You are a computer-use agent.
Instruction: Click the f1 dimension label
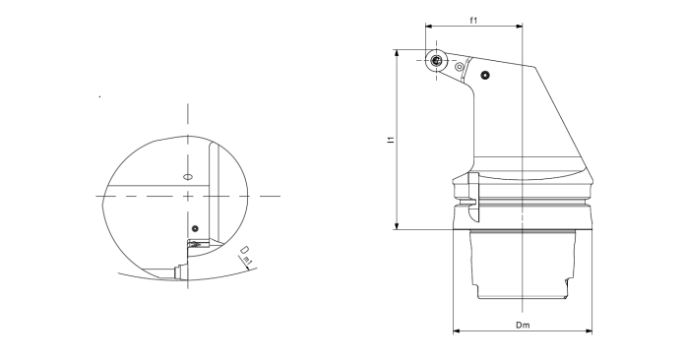tap(473, 20)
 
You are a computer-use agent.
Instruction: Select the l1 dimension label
tap(391, 140)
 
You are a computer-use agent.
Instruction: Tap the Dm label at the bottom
tap(523, 326)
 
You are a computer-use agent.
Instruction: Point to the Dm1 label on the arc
tap(246, 256)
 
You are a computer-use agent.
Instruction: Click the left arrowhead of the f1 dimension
tap(429, 27)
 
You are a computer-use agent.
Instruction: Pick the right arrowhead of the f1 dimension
tap(519, 27)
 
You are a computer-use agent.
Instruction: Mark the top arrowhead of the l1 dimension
tap(397, 53)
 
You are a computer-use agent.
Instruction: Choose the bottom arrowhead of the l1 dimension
tap(397, 226)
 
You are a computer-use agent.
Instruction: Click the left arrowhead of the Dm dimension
tap(457, 331)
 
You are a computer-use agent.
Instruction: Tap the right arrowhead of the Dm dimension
tap(589, 331)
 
